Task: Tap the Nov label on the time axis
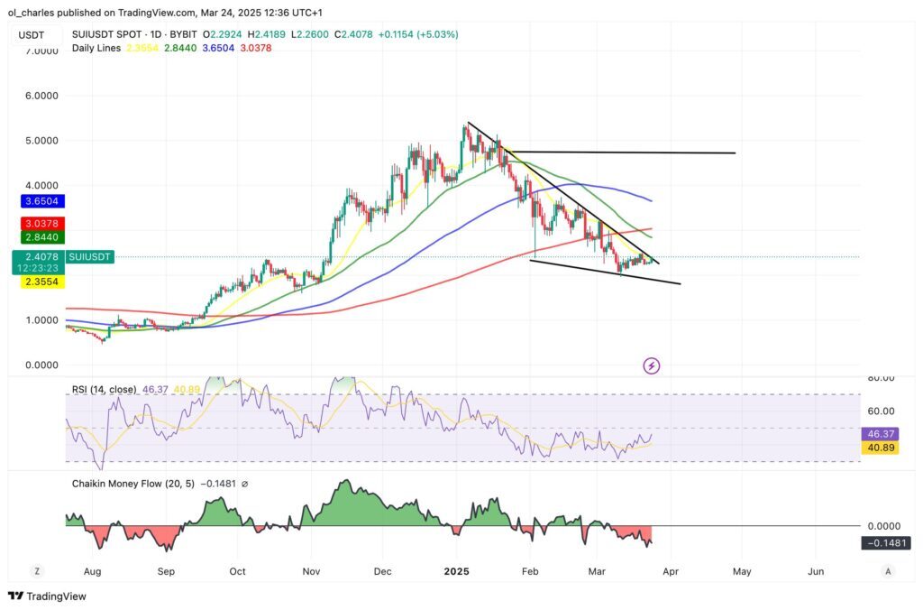[311, 571]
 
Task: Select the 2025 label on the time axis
[457, 571]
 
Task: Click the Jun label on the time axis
[816, 571]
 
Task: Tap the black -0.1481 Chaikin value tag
[885, 542]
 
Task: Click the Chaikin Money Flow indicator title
[153, 484]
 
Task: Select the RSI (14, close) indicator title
[104, 389]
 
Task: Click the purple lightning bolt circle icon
[652, 365]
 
